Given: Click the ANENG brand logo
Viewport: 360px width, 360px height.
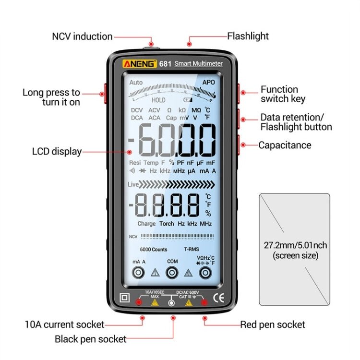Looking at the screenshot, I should (x=140, y=63).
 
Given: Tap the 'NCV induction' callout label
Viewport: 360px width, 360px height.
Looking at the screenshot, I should (x=83, y=36).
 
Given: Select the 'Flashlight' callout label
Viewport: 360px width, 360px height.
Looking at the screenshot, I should (x=248, y=36).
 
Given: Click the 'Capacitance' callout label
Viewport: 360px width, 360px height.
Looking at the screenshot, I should (x=285, y=145).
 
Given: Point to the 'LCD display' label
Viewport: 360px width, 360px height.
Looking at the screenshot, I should (x=57, y=152).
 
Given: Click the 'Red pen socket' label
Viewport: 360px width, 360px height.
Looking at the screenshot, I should (x=273, y=324).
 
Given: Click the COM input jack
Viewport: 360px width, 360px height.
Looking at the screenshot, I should (x=172, y=273).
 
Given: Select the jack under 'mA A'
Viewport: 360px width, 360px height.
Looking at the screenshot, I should (x=139, y=273).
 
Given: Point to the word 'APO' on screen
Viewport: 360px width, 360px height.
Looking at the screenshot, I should (x=208, y=83).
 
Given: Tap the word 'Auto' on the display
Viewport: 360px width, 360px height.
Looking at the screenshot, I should (x=136, y=83).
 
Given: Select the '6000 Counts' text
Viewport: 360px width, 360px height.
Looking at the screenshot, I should (x=154, y=250).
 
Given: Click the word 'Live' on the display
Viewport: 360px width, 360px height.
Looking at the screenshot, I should (x=133, y=184).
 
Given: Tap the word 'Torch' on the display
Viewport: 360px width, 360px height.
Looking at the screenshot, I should (x=167, y=224).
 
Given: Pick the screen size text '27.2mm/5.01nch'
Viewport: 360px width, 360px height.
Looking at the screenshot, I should (x=295, y=245).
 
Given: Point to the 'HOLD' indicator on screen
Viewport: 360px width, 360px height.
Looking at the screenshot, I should (x=158, y=100).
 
